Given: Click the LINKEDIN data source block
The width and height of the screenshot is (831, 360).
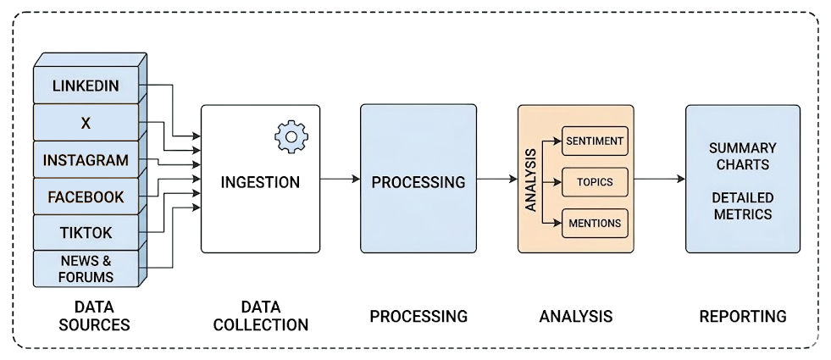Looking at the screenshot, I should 85,86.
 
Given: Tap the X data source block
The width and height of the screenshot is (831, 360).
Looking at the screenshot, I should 85,123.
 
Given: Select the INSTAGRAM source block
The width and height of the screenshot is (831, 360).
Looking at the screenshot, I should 85,160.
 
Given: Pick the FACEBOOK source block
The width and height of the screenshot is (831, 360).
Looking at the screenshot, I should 85,197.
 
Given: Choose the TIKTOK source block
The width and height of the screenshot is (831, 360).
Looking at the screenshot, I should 85,233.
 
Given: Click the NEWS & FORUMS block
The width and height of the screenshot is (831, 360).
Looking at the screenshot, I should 85,269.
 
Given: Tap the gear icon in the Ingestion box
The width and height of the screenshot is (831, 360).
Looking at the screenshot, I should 291,136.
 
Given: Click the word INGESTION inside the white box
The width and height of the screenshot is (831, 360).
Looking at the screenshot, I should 260,182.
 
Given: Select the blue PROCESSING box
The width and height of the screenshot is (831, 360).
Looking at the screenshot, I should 418,179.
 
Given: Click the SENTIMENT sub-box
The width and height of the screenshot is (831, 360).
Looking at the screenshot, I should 595,141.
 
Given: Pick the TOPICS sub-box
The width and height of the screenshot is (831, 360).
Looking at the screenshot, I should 595,182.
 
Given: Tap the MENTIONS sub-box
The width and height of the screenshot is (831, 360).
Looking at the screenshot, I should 595,224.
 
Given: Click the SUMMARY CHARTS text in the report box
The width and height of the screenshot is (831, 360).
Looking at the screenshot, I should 742,156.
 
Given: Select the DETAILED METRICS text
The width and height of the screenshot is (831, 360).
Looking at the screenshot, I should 742,206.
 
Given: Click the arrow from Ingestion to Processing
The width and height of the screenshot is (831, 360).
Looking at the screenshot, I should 340,179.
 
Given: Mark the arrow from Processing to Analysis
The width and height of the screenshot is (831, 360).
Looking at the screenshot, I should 496,179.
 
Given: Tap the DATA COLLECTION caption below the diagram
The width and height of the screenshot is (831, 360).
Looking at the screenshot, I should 260,316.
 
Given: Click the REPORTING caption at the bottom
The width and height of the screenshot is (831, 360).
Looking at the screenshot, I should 742,316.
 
